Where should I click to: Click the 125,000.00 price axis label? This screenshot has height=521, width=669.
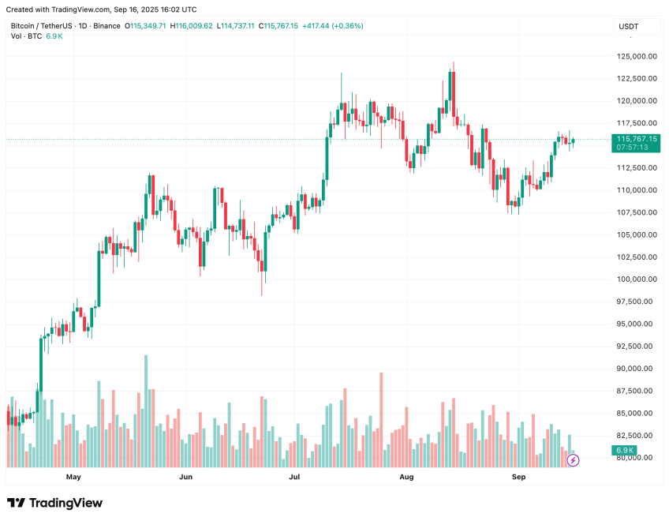coord(637,56)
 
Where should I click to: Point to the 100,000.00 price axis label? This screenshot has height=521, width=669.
coord(637,279)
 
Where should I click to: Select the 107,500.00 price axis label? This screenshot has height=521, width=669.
coord(637,212)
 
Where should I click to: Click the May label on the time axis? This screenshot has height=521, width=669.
coord(73,477)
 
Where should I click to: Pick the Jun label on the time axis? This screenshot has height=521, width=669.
coord(185,477)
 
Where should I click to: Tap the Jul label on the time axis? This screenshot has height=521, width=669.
coord(294,477)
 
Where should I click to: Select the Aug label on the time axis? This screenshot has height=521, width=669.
coord(406,477)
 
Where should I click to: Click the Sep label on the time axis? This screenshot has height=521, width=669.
coord(518,477)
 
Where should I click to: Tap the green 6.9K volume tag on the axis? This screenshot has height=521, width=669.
coord(624,451)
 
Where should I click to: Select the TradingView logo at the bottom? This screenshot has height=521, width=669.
coord(55,503)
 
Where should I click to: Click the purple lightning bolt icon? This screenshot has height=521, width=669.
coord(573,459)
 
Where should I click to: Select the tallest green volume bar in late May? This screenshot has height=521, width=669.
coord(146,410)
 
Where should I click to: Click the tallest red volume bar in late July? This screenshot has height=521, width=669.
coord(380,418)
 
